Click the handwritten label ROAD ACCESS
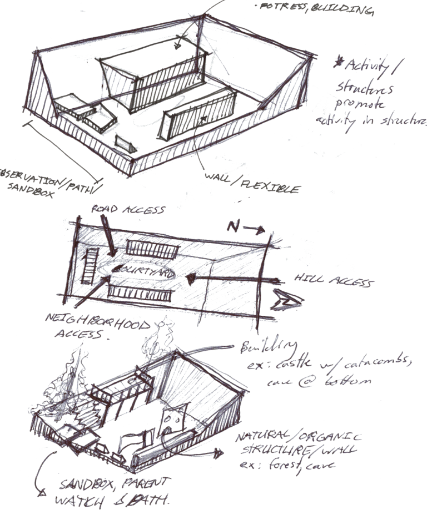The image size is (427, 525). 128,210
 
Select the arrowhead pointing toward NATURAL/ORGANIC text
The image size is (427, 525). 218,453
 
